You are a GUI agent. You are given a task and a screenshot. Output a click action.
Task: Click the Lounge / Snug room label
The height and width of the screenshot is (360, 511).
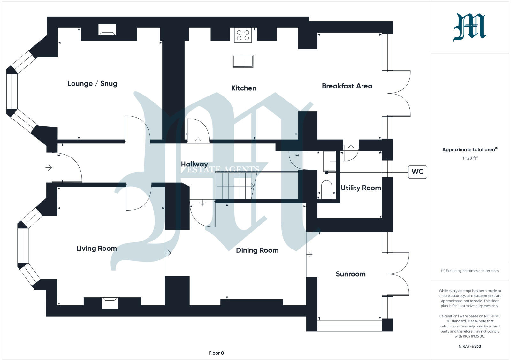click(x=92, y=84)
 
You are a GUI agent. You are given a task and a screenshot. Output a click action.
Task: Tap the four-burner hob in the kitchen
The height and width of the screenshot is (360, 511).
click(x=243, y=35)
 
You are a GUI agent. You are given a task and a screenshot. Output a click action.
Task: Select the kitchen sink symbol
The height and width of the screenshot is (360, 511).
click(x=243, y=61)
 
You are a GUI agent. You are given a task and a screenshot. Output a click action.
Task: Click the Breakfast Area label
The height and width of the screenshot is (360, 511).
click(x=347, y=86)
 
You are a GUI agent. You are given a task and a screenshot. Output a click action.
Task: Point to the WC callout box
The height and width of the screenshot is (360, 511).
click(x=417, y=172)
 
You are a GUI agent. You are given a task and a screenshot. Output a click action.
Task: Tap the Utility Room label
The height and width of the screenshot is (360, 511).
click(x=361, y=188)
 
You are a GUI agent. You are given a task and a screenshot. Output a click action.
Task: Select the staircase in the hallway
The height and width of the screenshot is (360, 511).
click(x=235, y=186)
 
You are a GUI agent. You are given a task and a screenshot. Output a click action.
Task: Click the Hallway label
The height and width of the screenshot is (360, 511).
click(x=194, y=164)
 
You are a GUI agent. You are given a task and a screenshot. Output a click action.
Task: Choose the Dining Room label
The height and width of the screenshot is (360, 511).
click(x=257, y=250)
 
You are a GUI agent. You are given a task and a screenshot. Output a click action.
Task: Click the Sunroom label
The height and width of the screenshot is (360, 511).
click(x=350, y=274)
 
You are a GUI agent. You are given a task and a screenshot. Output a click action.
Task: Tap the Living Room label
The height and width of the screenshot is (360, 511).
click(x=96, y=249)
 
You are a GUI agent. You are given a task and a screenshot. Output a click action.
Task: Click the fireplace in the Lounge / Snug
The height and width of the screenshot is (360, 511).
click(x=107, y=30)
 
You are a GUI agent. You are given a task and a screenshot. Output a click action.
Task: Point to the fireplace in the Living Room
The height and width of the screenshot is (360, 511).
click(x=110, y=303)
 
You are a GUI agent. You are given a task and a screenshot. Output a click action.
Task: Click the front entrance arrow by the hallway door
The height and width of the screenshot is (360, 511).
click(x=49, y=167)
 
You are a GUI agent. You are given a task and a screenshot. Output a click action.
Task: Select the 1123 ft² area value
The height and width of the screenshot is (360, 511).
click(x=469, y=158)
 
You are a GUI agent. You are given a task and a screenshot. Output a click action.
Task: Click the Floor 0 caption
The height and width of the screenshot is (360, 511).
click(x=216, y=353)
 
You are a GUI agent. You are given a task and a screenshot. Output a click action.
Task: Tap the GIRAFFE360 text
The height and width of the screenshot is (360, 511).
click(x=469, y=346)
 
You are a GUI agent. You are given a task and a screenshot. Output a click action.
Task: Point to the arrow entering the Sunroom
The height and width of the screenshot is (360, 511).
click(x=309, y=255)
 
